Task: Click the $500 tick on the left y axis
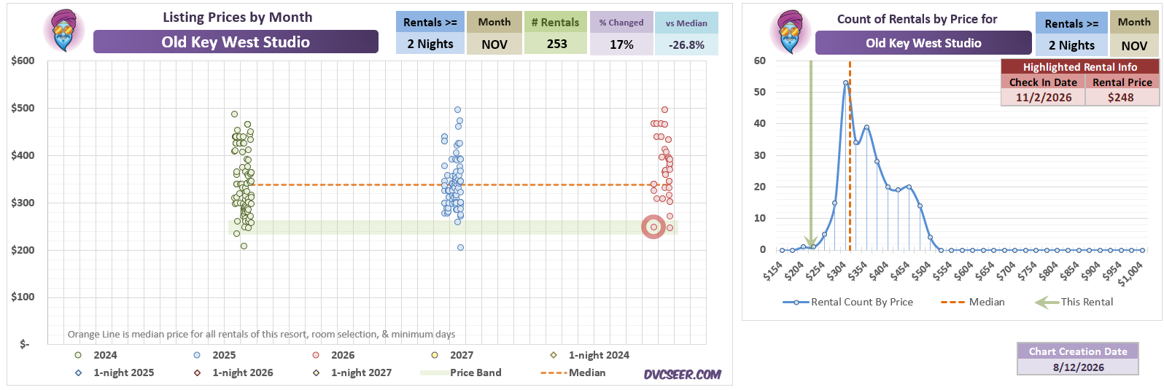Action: click(x=23, y=108)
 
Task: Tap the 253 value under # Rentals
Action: click(x=556, y=44)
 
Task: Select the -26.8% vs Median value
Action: click(x=686, y=45)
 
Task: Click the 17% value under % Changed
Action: click(x=621, y=44)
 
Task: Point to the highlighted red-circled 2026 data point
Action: click(x=653, y=227)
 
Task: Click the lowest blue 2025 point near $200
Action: click(x=460, y=247)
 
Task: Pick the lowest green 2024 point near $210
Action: click(x=244, y=246)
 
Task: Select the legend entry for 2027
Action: click(x=452, y=355)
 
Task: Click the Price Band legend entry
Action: click(x=461, y=373)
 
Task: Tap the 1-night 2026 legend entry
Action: click(x=234, y=373)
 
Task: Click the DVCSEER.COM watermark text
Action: click(x=683, y=375)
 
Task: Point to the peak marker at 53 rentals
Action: click(x=845, y=82)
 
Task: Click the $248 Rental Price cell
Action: click(x=1121, y=97)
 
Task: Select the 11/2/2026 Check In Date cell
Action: click(x=1044, y=97)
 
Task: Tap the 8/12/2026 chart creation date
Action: click(x=1078, y=367)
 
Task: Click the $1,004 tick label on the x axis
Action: click(x=1130, y=273)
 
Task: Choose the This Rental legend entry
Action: click(x=1074, y=303)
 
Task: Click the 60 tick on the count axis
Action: click(x=759, y=61)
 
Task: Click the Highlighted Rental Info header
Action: click(x=1080, y=67)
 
